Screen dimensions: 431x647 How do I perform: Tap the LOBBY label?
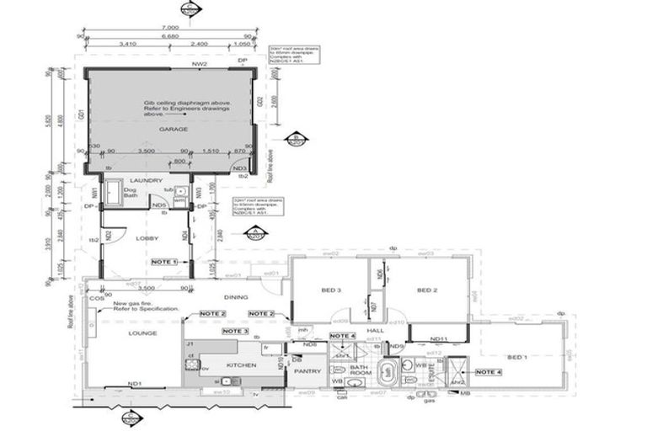pyautogui.click(x=147, y=238)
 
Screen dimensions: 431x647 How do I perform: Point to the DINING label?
pyautogui.click(x=237, y=296)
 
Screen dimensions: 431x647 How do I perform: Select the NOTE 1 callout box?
pyautogui.click(x=164, y=263)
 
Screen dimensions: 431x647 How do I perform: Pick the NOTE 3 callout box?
pyautogui.click(x=229, y=332)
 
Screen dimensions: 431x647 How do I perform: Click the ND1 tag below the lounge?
pyautogui.click(x=133, y=384)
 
